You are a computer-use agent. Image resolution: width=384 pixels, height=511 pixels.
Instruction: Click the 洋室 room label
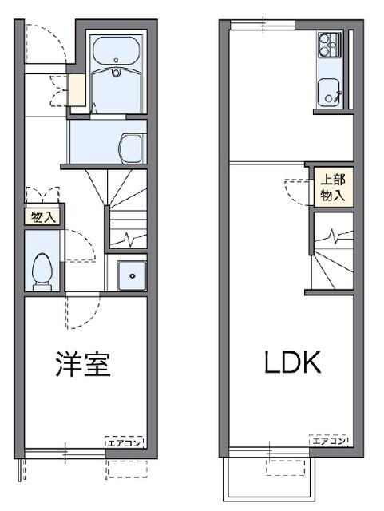click(83, 364)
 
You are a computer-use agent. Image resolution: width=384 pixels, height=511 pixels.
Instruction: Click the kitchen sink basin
click(328, 91)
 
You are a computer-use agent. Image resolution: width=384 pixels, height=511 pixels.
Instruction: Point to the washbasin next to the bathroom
click(129, 146)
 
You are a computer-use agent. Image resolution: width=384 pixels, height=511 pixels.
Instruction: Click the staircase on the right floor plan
click(331, 255)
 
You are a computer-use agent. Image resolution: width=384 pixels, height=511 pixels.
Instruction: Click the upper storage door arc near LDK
click(295, 188)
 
